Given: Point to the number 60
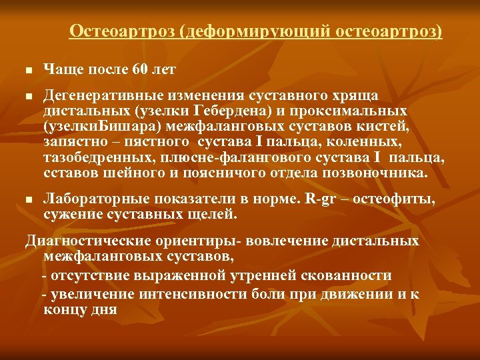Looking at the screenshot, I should [x=141, y=69].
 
